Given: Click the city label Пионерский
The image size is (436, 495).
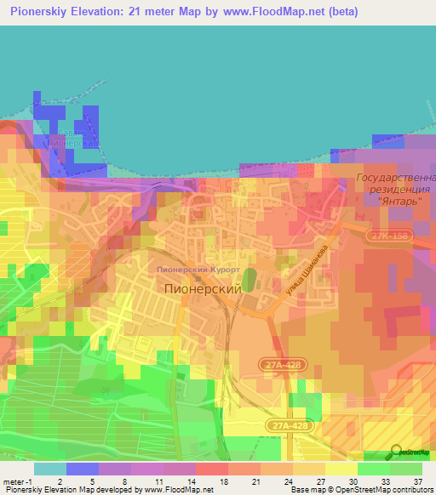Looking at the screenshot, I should [202, 288].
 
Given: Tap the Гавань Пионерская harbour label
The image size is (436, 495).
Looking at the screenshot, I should [75, 138].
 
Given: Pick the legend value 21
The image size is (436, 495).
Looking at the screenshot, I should [253, 481].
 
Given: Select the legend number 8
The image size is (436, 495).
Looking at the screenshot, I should [123, 481].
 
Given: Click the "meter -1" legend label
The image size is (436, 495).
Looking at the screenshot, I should [15, 481].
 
